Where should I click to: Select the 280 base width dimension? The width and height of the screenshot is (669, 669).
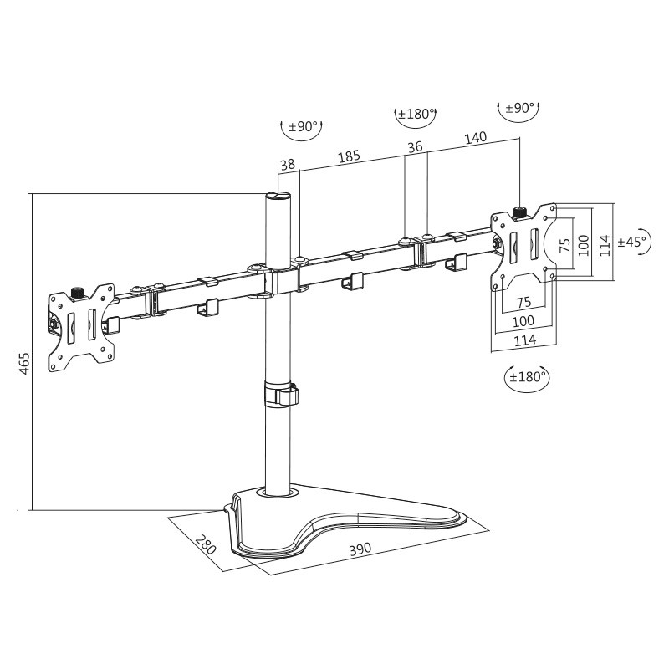205,545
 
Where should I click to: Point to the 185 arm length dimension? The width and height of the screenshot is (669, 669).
349,156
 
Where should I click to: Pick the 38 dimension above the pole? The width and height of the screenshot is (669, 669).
288,166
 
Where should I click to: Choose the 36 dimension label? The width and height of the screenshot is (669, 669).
414,148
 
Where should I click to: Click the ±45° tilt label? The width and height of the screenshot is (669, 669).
632,242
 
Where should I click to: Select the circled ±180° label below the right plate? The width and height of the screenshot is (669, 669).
528,376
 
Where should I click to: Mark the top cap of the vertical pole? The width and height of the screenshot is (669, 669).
278,197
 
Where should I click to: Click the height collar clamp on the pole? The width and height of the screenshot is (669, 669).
280,395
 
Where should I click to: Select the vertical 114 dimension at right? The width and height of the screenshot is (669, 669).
604,242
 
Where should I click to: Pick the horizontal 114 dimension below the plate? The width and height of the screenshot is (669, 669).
524,340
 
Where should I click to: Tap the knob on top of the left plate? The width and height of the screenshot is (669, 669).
80,292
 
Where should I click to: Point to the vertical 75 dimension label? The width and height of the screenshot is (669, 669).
564,243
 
